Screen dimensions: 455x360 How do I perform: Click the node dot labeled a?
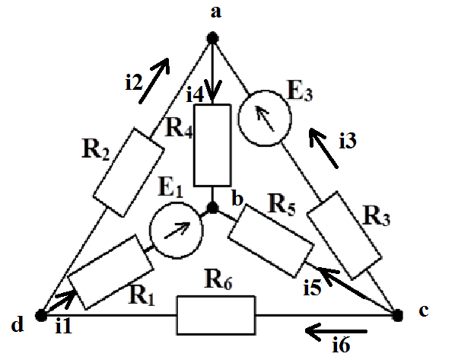(213, 38)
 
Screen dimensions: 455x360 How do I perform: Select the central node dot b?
(213, 208)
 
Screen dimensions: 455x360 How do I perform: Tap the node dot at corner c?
(397, 315)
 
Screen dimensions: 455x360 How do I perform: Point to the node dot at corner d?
(41, 315)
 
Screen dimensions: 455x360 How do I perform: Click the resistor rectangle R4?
(212, 145)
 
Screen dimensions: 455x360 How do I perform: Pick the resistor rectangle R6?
(216, 315)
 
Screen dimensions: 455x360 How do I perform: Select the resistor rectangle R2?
(129, 172)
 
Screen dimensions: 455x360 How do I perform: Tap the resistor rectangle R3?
(344, 235)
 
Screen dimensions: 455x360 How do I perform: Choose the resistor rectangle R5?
(271, 241)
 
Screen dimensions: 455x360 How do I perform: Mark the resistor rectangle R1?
(110, 272)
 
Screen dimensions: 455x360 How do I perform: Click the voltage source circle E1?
(176, 231)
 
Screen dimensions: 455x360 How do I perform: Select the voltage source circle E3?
(265, 118)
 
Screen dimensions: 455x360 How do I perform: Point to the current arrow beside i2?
(154, 81)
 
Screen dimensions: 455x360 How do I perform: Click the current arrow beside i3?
(323, 148)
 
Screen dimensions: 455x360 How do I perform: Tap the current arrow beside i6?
(336, 331)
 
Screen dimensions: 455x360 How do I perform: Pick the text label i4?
(195, 94)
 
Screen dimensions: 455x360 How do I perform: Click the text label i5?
(312, 288)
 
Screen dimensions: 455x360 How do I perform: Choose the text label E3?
(300, 91)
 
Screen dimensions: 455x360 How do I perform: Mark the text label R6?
(218, 279)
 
